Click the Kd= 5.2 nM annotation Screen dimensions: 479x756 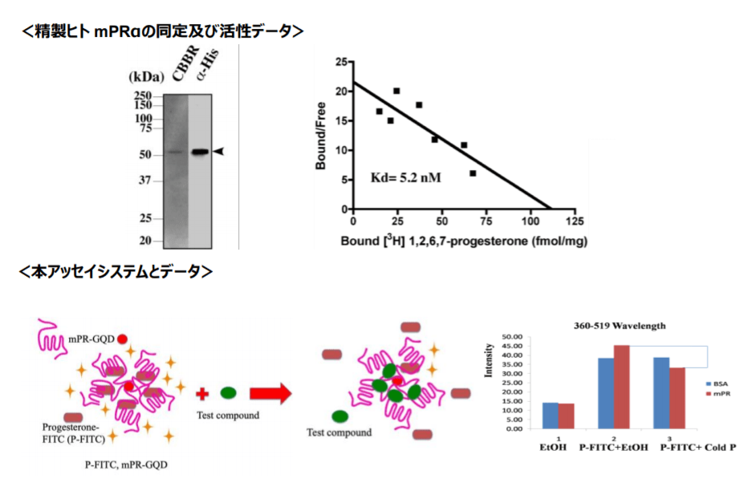click(406, 177)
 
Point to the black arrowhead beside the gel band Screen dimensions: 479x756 click(218, 151)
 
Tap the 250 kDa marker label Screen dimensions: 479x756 click(143, 94)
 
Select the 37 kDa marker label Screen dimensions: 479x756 click(144, 181)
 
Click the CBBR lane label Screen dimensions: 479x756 click(180, 64)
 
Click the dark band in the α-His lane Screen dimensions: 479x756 click(199, 152)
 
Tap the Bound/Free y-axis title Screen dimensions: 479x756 click(320, 137)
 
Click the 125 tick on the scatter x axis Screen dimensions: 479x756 click(574, 221)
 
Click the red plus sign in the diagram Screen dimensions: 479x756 click(202, 393)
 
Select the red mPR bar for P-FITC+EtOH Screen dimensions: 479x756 click(622, 386)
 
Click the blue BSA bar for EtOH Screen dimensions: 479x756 click(550, 415)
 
